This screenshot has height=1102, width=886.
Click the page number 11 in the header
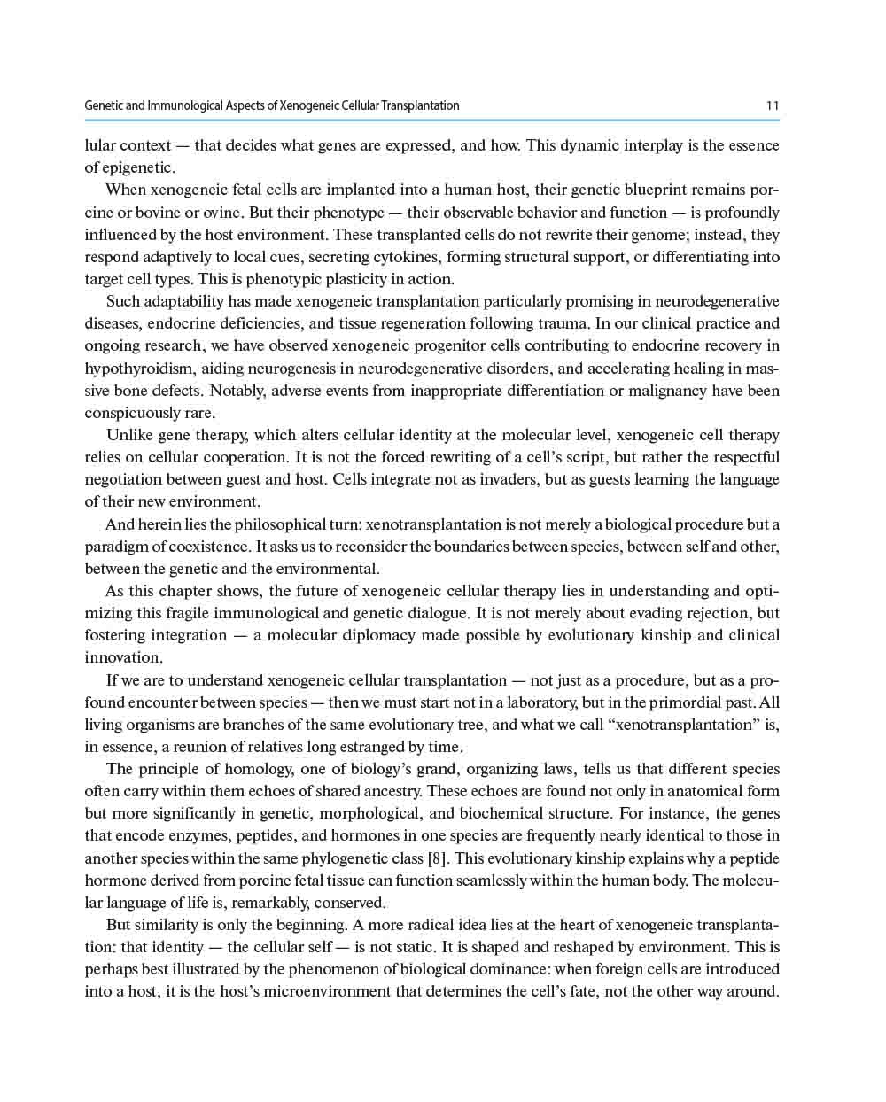[773, 105]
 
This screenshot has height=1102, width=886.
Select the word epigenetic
[138, 167]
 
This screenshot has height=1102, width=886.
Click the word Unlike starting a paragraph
[130, 435]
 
